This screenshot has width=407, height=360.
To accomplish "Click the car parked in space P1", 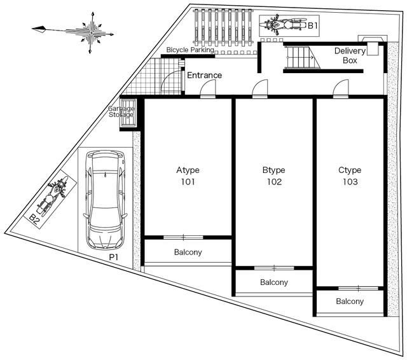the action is [105, 200].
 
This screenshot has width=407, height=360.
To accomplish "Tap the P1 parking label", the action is [113, 258].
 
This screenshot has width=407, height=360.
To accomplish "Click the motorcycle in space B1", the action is [284, 25].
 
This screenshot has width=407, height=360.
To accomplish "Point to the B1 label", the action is [313, 25].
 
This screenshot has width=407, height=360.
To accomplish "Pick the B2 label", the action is [34, 219].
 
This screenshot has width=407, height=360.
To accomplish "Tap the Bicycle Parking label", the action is [190, 50].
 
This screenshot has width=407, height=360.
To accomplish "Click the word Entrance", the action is [205, 75].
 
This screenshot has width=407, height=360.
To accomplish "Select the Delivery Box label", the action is [350, 55].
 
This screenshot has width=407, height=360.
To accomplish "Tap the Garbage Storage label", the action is [121, 111].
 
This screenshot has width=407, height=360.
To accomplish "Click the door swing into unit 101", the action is [208, 88].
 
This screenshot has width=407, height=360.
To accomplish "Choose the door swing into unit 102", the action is [260, 88].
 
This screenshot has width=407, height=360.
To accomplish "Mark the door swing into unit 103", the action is [341, 88].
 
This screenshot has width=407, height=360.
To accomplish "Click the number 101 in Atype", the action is [188, 182].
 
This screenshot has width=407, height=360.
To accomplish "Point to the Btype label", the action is [274, 170].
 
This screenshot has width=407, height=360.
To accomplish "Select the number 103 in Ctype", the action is [350, 182].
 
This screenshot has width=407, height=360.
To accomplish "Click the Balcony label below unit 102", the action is [274, 282].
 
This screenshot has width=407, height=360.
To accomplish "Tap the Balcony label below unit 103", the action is [350, 301].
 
